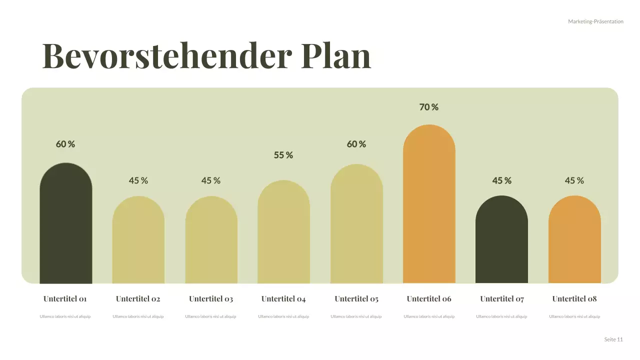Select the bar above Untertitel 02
coord(138,240)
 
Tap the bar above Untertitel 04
coord(283,232)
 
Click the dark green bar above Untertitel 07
coord(501,240)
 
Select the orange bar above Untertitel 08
coord(574,240)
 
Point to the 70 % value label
coord(429,107)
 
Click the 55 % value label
coord(283,155)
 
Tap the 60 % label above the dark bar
coord(65,144)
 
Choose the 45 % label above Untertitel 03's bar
coord(211,180)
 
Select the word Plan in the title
coord(336,55)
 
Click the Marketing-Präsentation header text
coord(595,21)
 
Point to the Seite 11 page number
coord(613,339)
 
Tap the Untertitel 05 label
coord(356,299)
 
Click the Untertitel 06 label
coord(429,299)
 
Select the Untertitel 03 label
coord(211,299)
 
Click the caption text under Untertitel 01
coord(65,316)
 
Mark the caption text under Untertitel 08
coord(574,316)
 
